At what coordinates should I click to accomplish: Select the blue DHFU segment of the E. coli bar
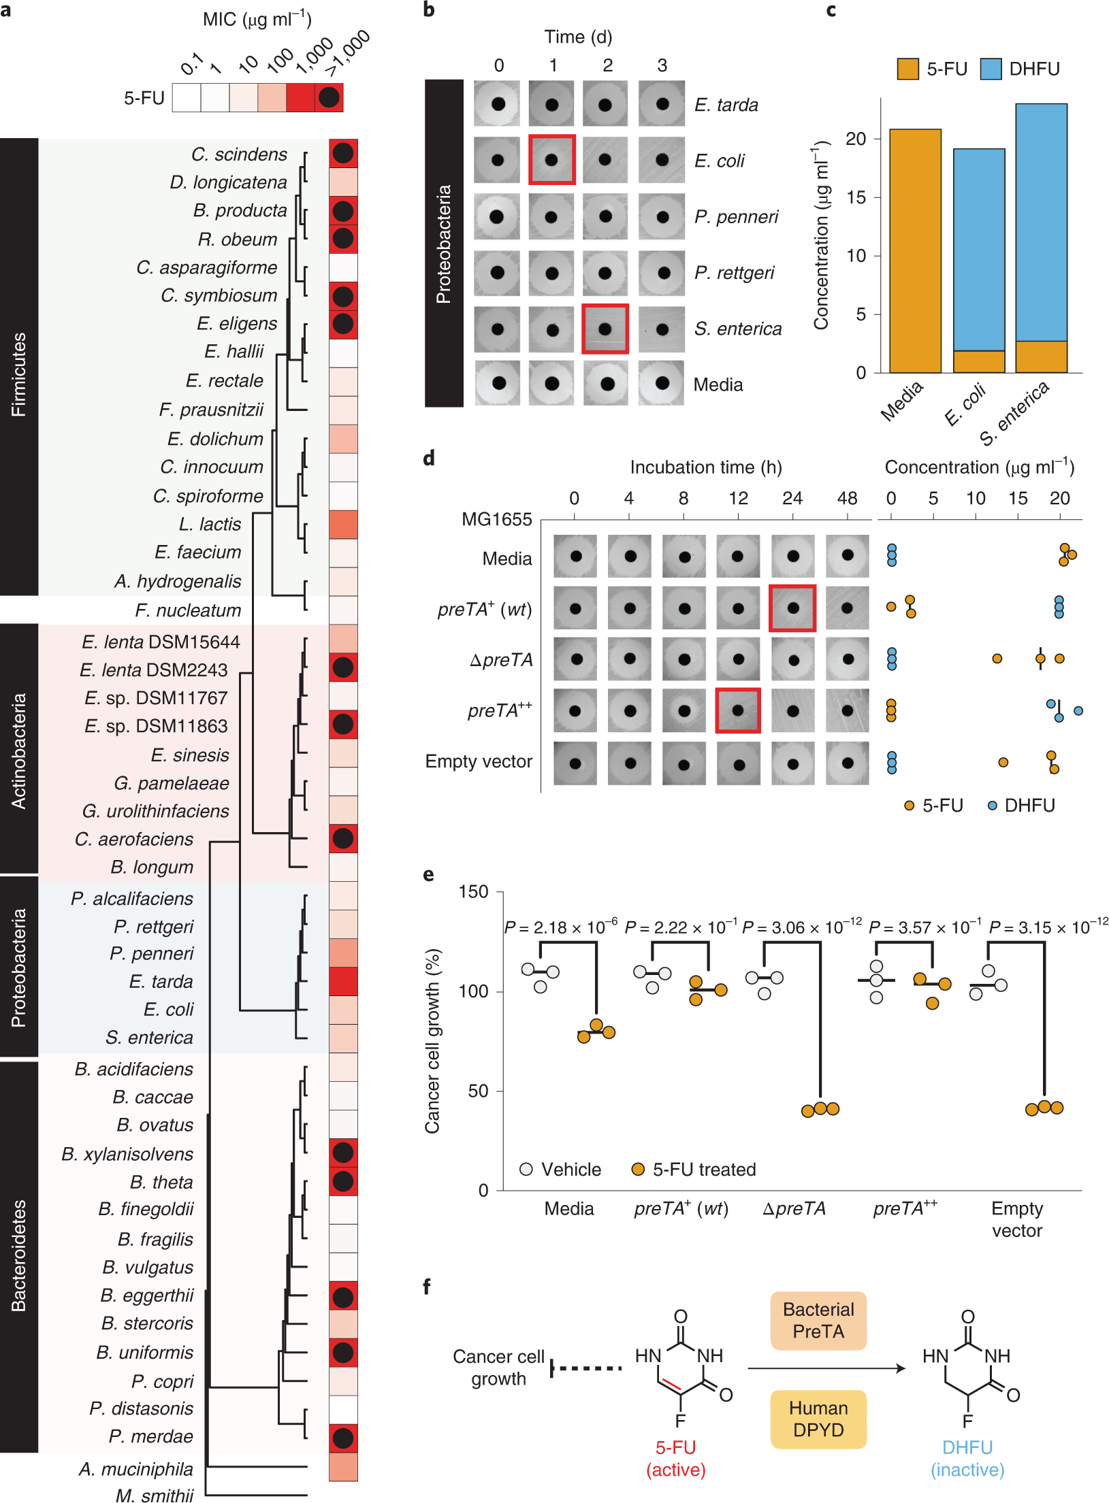979,249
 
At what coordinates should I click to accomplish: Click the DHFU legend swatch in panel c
991,69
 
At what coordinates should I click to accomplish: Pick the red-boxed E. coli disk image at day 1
552,160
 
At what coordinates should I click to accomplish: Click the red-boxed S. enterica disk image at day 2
605,329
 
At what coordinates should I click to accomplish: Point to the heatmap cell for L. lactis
343,525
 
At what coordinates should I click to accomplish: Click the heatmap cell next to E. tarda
343,981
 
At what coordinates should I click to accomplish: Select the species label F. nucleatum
188,610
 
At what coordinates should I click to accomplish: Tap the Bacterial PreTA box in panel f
818,1321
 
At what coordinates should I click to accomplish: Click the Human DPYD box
818,1419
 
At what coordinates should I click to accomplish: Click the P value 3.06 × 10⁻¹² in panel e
801,927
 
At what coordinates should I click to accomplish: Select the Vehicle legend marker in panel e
526,1169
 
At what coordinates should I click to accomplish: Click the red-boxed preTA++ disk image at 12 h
738,710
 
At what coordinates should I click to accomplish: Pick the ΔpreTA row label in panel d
501,660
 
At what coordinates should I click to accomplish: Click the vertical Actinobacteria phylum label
19,750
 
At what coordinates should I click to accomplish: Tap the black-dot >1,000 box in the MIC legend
329,97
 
